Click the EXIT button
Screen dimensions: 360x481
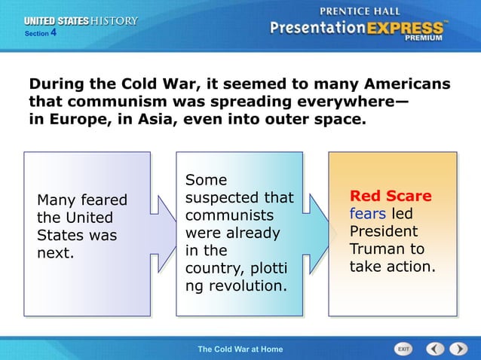point(404,349)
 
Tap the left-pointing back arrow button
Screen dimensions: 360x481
point(435,349)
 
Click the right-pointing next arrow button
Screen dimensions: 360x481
point(458,349)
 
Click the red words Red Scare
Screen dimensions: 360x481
point(391,196)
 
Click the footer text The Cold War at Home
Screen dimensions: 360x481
point(240,349)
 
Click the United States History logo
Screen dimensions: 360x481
point(80,21)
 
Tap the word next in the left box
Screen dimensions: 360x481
point(56,252)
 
